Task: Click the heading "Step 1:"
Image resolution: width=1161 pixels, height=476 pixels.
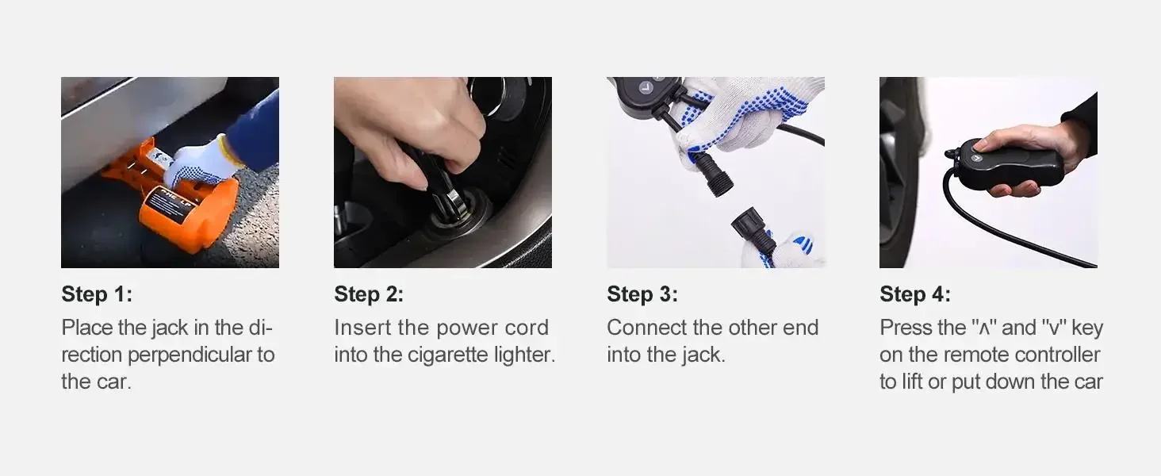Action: [x=97, y=294]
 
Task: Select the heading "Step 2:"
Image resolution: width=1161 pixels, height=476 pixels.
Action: [x=369, y=294]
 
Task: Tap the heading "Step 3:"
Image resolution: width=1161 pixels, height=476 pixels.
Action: [x=642, y=294]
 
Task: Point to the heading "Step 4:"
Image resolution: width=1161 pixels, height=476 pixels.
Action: [x=915, y=294]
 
